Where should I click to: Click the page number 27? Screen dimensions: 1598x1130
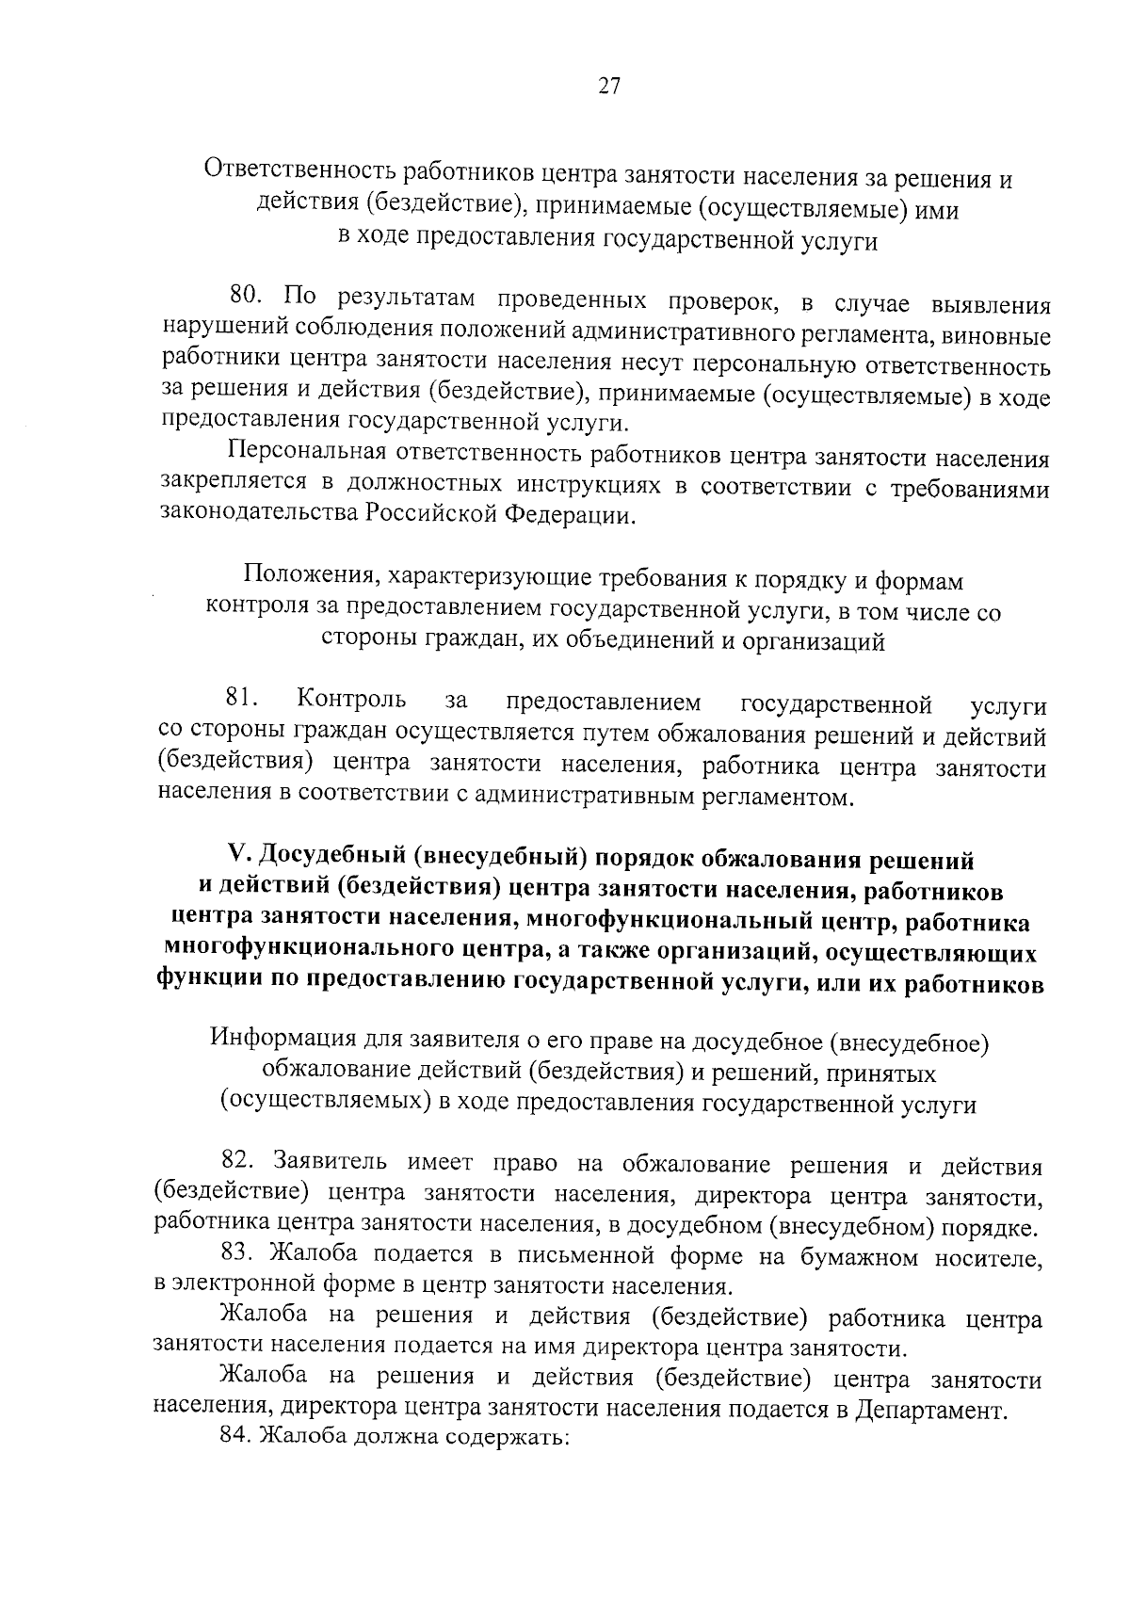pos(608,87)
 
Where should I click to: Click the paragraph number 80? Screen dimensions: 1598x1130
pos(249,297)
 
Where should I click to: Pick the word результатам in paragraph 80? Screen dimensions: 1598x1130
pos(407,299)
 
